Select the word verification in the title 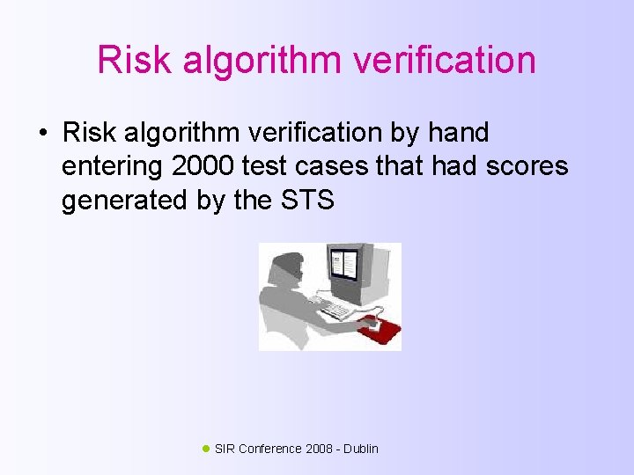447,60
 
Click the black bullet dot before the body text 41,134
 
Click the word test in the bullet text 292,166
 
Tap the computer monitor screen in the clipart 344,266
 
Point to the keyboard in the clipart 337,309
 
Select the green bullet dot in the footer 206,449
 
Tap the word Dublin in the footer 361,449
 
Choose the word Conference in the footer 269,449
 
